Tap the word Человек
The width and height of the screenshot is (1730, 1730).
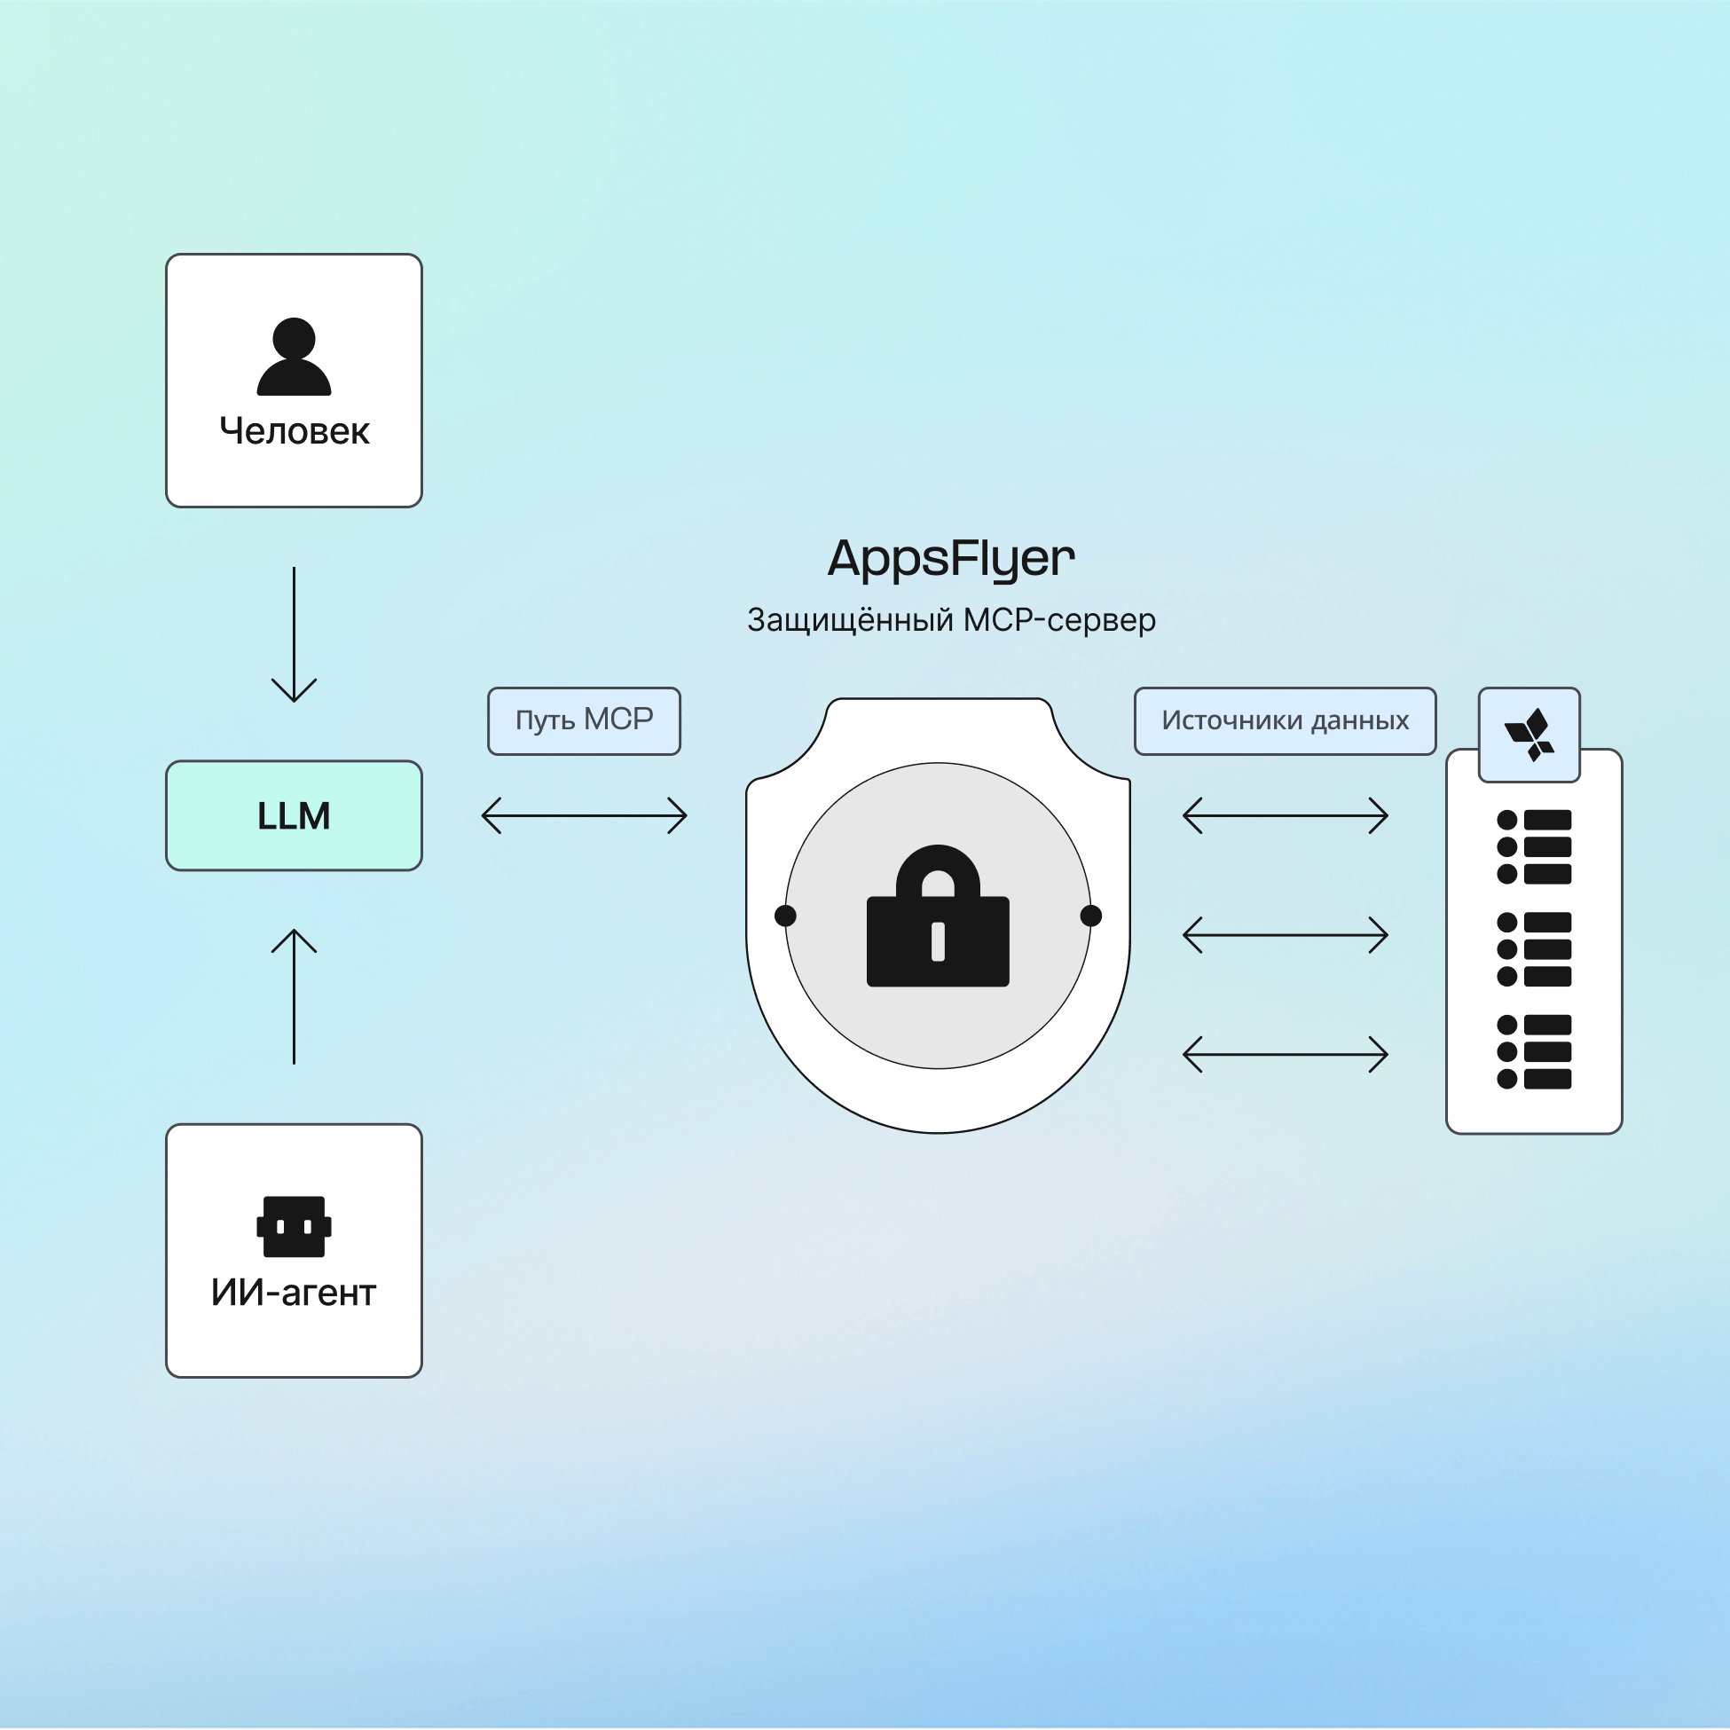click(294, 431)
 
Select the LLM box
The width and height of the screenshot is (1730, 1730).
click(294, 815)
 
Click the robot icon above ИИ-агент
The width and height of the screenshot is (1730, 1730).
click(294, 1226)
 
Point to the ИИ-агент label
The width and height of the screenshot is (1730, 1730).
click(294, 1293)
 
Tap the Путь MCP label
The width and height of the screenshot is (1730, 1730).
click(584, 720)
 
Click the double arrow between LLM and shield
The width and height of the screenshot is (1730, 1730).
click(584, 815)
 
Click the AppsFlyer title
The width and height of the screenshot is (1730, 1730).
click(951, 559)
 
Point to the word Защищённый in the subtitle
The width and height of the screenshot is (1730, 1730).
click(849, 619)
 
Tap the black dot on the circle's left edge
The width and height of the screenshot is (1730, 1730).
click(785, 916)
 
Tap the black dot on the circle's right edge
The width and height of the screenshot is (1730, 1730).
click(1090, 916)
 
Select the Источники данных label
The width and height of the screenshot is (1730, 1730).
click(1285, 720)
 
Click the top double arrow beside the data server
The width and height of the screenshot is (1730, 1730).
click(1285, 815)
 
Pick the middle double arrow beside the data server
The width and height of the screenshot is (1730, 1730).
click(1285, 935)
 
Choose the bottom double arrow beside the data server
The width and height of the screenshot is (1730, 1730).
click(1285, 1054)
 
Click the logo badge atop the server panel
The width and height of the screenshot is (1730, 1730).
click(1529, 735)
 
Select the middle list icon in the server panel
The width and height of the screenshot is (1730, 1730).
click(1534, 949)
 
